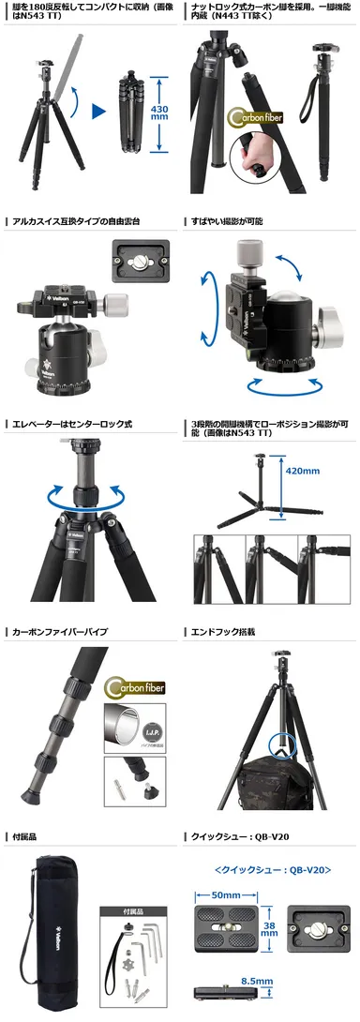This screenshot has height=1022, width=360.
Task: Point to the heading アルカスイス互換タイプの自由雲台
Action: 73,221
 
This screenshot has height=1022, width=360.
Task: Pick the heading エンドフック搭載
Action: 221,632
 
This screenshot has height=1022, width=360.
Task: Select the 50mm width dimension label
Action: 224,895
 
